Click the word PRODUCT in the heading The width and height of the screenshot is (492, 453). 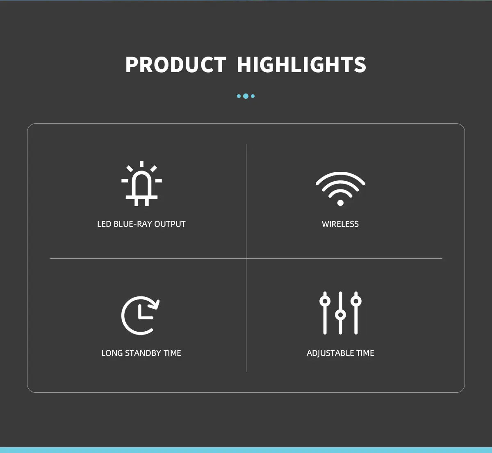tap(175, 65)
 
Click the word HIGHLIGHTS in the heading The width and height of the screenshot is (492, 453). tap(301, 65)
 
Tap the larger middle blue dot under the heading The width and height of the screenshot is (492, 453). tap(246, 96)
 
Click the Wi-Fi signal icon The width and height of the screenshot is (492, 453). tap(340, 189)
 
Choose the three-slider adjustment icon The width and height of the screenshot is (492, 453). tap(340, 313)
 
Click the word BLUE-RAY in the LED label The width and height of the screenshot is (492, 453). tap(132, 224)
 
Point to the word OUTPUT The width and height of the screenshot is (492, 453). tap(170, 224)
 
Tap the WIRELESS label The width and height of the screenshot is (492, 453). tap(340, 224)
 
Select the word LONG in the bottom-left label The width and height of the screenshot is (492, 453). tap(112, 353)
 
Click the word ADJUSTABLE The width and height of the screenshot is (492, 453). tap(330, 353)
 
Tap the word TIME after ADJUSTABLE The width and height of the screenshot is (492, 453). tap(365, 353)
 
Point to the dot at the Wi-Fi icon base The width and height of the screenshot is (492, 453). tap(340, 203)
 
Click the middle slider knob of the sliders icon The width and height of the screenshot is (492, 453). tap(340, 315)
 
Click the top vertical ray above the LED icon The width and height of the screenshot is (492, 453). tap(141, 164)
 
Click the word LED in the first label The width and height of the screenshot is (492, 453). tap(104, 224)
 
